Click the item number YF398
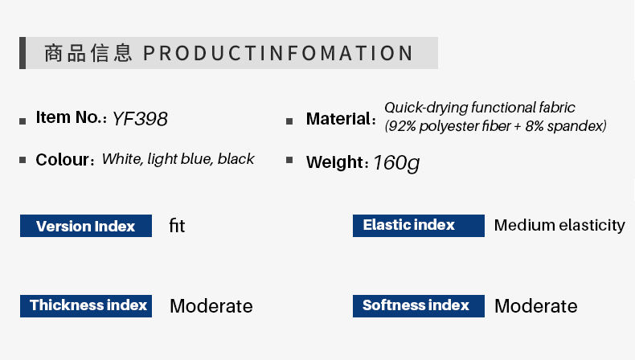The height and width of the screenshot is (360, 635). [140, 119]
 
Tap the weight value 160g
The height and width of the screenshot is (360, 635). [396, 163]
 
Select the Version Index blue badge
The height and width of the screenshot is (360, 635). [86, 226]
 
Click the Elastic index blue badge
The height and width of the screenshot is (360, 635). [418, 226]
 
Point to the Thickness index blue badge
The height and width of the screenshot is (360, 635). [86, 306]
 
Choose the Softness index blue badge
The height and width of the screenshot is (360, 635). [418, 306]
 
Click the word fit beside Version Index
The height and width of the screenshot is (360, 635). [177, 226]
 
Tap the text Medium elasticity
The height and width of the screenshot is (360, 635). [559, 225]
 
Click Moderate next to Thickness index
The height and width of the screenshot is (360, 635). [211, 305]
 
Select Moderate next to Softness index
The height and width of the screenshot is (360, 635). [536, 305]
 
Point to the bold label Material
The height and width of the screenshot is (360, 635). [338, 119]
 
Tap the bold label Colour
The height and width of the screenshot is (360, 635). [63, 160]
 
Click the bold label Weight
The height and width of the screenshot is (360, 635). [335, 162]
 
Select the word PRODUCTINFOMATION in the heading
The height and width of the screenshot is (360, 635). [278, 54]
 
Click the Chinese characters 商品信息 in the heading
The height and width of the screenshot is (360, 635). [88, 54]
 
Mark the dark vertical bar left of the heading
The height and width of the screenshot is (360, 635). [23, 53]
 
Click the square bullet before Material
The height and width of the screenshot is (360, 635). [289, 121]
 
